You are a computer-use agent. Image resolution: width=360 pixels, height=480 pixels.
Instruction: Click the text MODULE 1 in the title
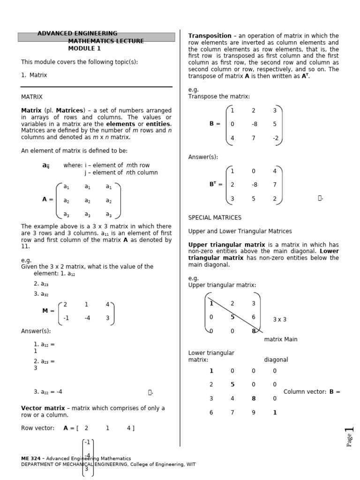click(x=84, y=48)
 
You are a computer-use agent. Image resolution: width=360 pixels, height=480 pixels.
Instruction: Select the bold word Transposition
click(x=210, y=36)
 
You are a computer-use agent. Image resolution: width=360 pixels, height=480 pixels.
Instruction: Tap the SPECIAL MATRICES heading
click(x=215, y=217)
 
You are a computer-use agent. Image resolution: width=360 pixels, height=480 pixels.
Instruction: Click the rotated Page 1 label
click(x=349, y=437)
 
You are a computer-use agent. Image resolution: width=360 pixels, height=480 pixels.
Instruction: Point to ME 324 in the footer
click(x=30, y=458)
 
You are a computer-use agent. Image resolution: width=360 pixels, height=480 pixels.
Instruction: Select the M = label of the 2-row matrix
click(x=48, y=311)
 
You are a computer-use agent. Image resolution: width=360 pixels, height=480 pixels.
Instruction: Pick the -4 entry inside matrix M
click(x=87, y=317)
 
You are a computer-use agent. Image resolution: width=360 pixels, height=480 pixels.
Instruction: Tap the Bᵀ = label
click(x=216, y=185)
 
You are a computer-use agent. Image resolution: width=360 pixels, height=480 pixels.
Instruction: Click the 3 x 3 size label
click(x=279, y=320)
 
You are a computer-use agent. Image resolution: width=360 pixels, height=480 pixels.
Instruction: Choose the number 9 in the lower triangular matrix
click(x=254, y=412)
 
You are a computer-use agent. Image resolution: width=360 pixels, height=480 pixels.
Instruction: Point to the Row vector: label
click(x=37, y=428)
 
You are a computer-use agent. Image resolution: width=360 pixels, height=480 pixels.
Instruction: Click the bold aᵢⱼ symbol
click(x=45, y=165)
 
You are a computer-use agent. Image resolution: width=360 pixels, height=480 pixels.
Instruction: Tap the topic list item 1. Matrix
click(x=34, y=75)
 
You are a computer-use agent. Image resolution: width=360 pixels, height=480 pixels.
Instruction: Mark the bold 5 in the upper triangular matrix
click(x=232, y=317)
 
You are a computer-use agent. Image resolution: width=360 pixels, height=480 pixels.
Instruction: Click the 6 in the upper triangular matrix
click(x=254, y=317)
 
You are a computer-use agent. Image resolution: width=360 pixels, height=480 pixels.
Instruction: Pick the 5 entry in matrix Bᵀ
click(x=254, y=198)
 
